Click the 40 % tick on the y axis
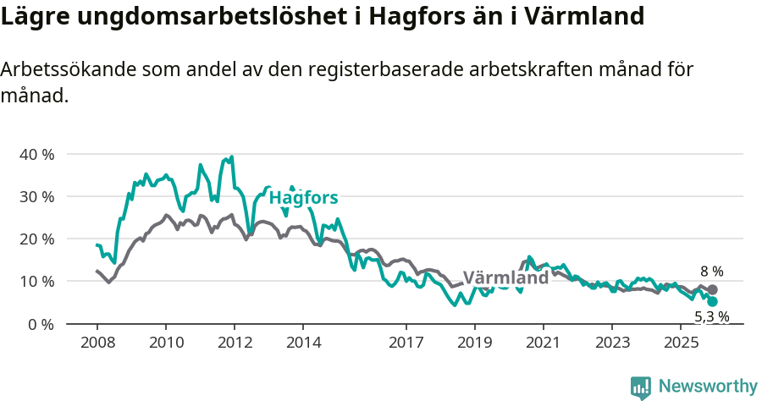click(x=36, y=154)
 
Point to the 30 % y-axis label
click(x=36, y=196)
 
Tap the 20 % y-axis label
click(x=36, y=239)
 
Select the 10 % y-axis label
click(x=36, y=281)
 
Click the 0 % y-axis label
click(x=40, y=323)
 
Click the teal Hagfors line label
click(x=304, y=198)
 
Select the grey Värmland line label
click(x=505, y=278)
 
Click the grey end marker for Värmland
click(x=712, y=289)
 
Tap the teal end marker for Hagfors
click(x=712, y=301)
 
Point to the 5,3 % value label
click(x=711, y=317)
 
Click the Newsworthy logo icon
click(x=641, y=387)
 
